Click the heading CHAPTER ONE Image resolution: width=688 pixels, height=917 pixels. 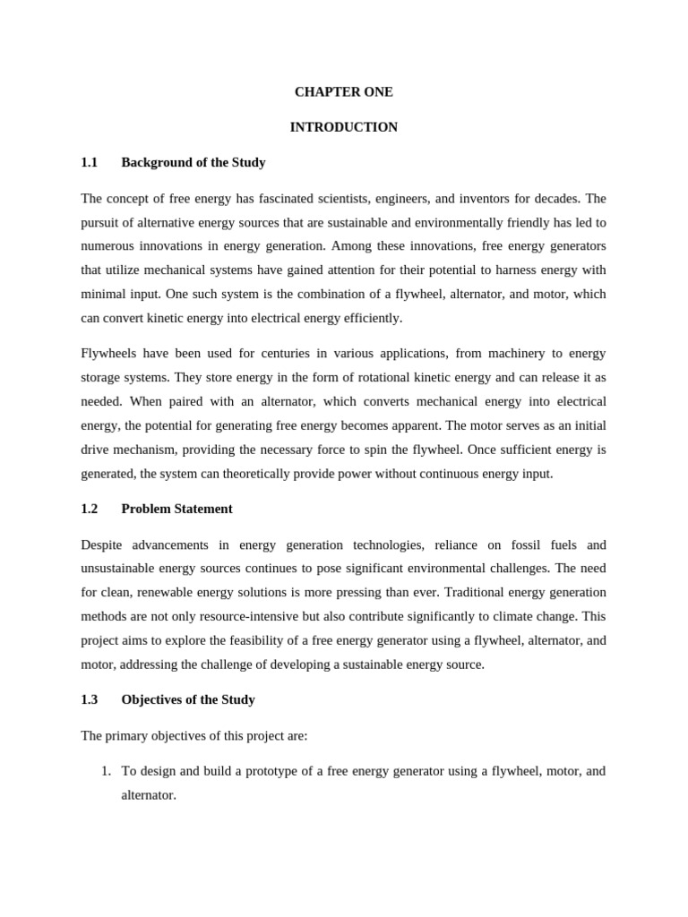pyautogui.click(x=344, y=92)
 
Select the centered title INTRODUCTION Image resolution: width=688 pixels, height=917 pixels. pyautogui.click(x=344, y=127)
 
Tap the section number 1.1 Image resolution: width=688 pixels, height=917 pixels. pyautogui.click(x=89, y=163)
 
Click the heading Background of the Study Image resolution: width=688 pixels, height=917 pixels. pyautogui.click(x=193, y=163)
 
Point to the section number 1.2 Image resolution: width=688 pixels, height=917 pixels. pyautogui.click(x=89, y=509)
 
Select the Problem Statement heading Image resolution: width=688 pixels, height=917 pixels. pyautogui.click(x=176, y=509)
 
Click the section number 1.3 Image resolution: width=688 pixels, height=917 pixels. pyautogui.click(x=89, y=699)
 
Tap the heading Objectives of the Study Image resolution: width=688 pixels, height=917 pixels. pyautogui.click(x=188, y=699)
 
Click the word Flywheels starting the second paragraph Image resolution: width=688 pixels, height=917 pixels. pyautogui.click(x=109, y=354)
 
